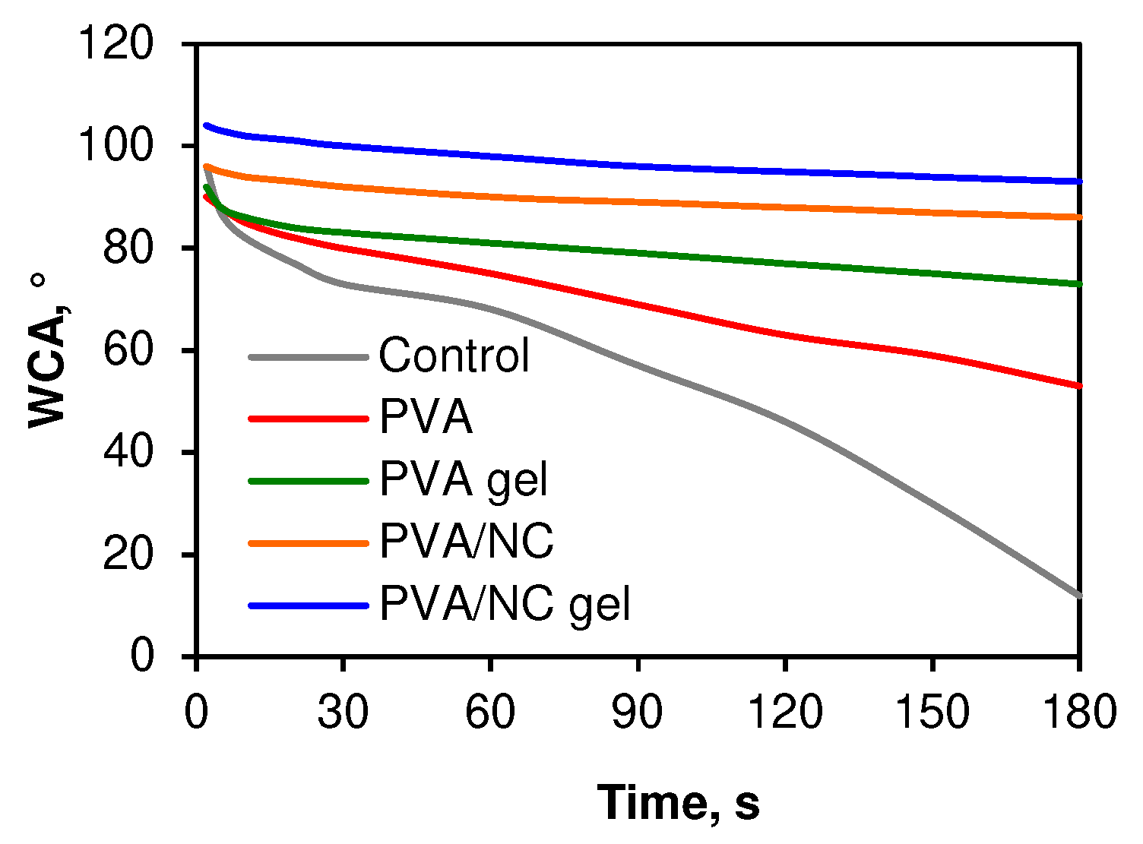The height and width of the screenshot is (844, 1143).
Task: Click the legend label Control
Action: click(454, 355)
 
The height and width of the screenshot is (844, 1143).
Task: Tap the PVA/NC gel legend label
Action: click(505, 605)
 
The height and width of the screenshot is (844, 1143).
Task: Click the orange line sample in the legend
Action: click(309, 542)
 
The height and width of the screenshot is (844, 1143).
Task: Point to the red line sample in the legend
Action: click(309, 418)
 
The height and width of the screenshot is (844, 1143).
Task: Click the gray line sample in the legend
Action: click(309, 356)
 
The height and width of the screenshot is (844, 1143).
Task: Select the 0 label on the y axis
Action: click(142, 656)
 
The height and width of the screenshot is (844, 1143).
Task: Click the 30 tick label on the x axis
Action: click(343, 713)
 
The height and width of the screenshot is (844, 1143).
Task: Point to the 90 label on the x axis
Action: click(638, 713)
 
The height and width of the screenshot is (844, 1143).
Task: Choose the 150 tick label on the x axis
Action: click(932, 713)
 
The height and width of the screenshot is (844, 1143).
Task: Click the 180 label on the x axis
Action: click(1078, 713)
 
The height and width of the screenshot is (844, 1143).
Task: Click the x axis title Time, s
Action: click(678, 803)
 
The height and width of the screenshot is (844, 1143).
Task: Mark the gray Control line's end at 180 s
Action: click(1078, 595)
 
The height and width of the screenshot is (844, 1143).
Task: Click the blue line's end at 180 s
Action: click(1078, 182)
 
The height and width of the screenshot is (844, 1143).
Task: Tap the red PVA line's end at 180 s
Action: click(1078, 386)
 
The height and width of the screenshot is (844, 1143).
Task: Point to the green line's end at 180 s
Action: click(1078, 284)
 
